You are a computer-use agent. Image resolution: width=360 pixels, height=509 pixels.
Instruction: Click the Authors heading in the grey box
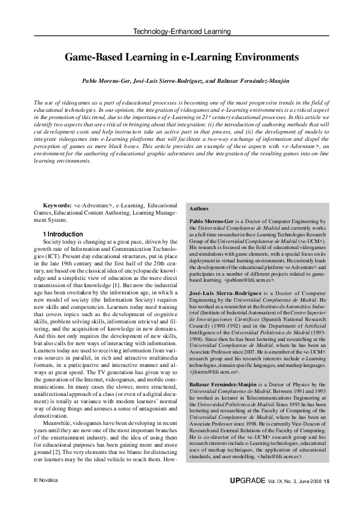[x=199, y=208]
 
